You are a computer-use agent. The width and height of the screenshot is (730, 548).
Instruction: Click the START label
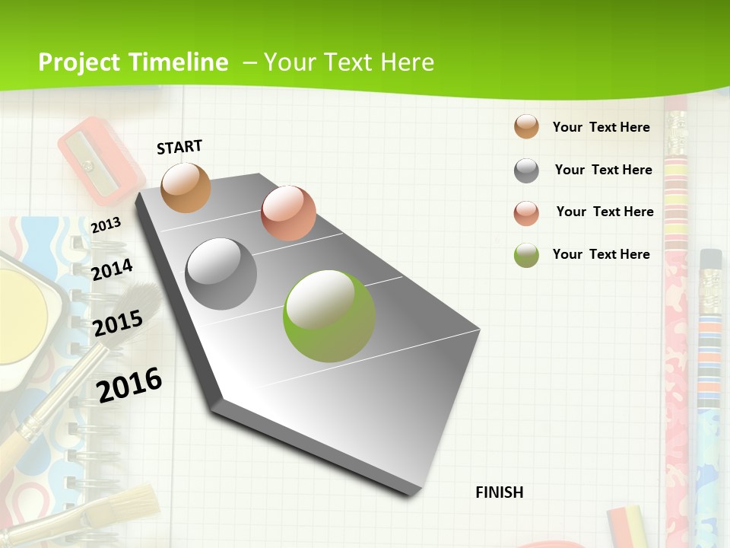click(x=179, y=147)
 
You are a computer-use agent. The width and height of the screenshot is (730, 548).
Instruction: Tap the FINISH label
click(x=499, y=492)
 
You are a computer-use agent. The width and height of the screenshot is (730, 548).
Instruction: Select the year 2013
click(x=106, y=225)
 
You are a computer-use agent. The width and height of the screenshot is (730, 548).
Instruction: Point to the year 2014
click(x=112, y=269)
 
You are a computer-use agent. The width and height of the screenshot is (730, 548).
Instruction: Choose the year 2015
click(x=118, y=323)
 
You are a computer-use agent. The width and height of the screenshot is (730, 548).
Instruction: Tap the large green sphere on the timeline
click(x=329, y=316)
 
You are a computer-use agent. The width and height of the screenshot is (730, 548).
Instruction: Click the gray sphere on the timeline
click(x=221, y=274)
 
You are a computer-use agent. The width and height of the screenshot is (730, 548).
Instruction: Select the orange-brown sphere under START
click(x=186, y=187)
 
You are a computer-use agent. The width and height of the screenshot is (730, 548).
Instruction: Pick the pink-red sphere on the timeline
click(x=288, y=213)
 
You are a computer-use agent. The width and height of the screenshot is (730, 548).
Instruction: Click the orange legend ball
click(x=526, y=126)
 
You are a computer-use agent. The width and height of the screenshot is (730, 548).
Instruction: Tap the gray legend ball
click(x=526, y=170)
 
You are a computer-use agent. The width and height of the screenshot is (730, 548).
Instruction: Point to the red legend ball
click(x=526, y=213)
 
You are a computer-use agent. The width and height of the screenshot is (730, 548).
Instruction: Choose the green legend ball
click(x=526, y=255)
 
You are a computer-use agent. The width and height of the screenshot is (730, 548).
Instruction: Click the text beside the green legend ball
click(x=601, y=254)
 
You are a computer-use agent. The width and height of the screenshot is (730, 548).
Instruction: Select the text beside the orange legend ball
click(x=601, y=127)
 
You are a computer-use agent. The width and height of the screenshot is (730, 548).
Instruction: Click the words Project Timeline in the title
click(x=133, y=62)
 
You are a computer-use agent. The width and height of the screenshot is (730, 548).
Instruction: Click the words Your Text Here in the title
click(x=349, y=62)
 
